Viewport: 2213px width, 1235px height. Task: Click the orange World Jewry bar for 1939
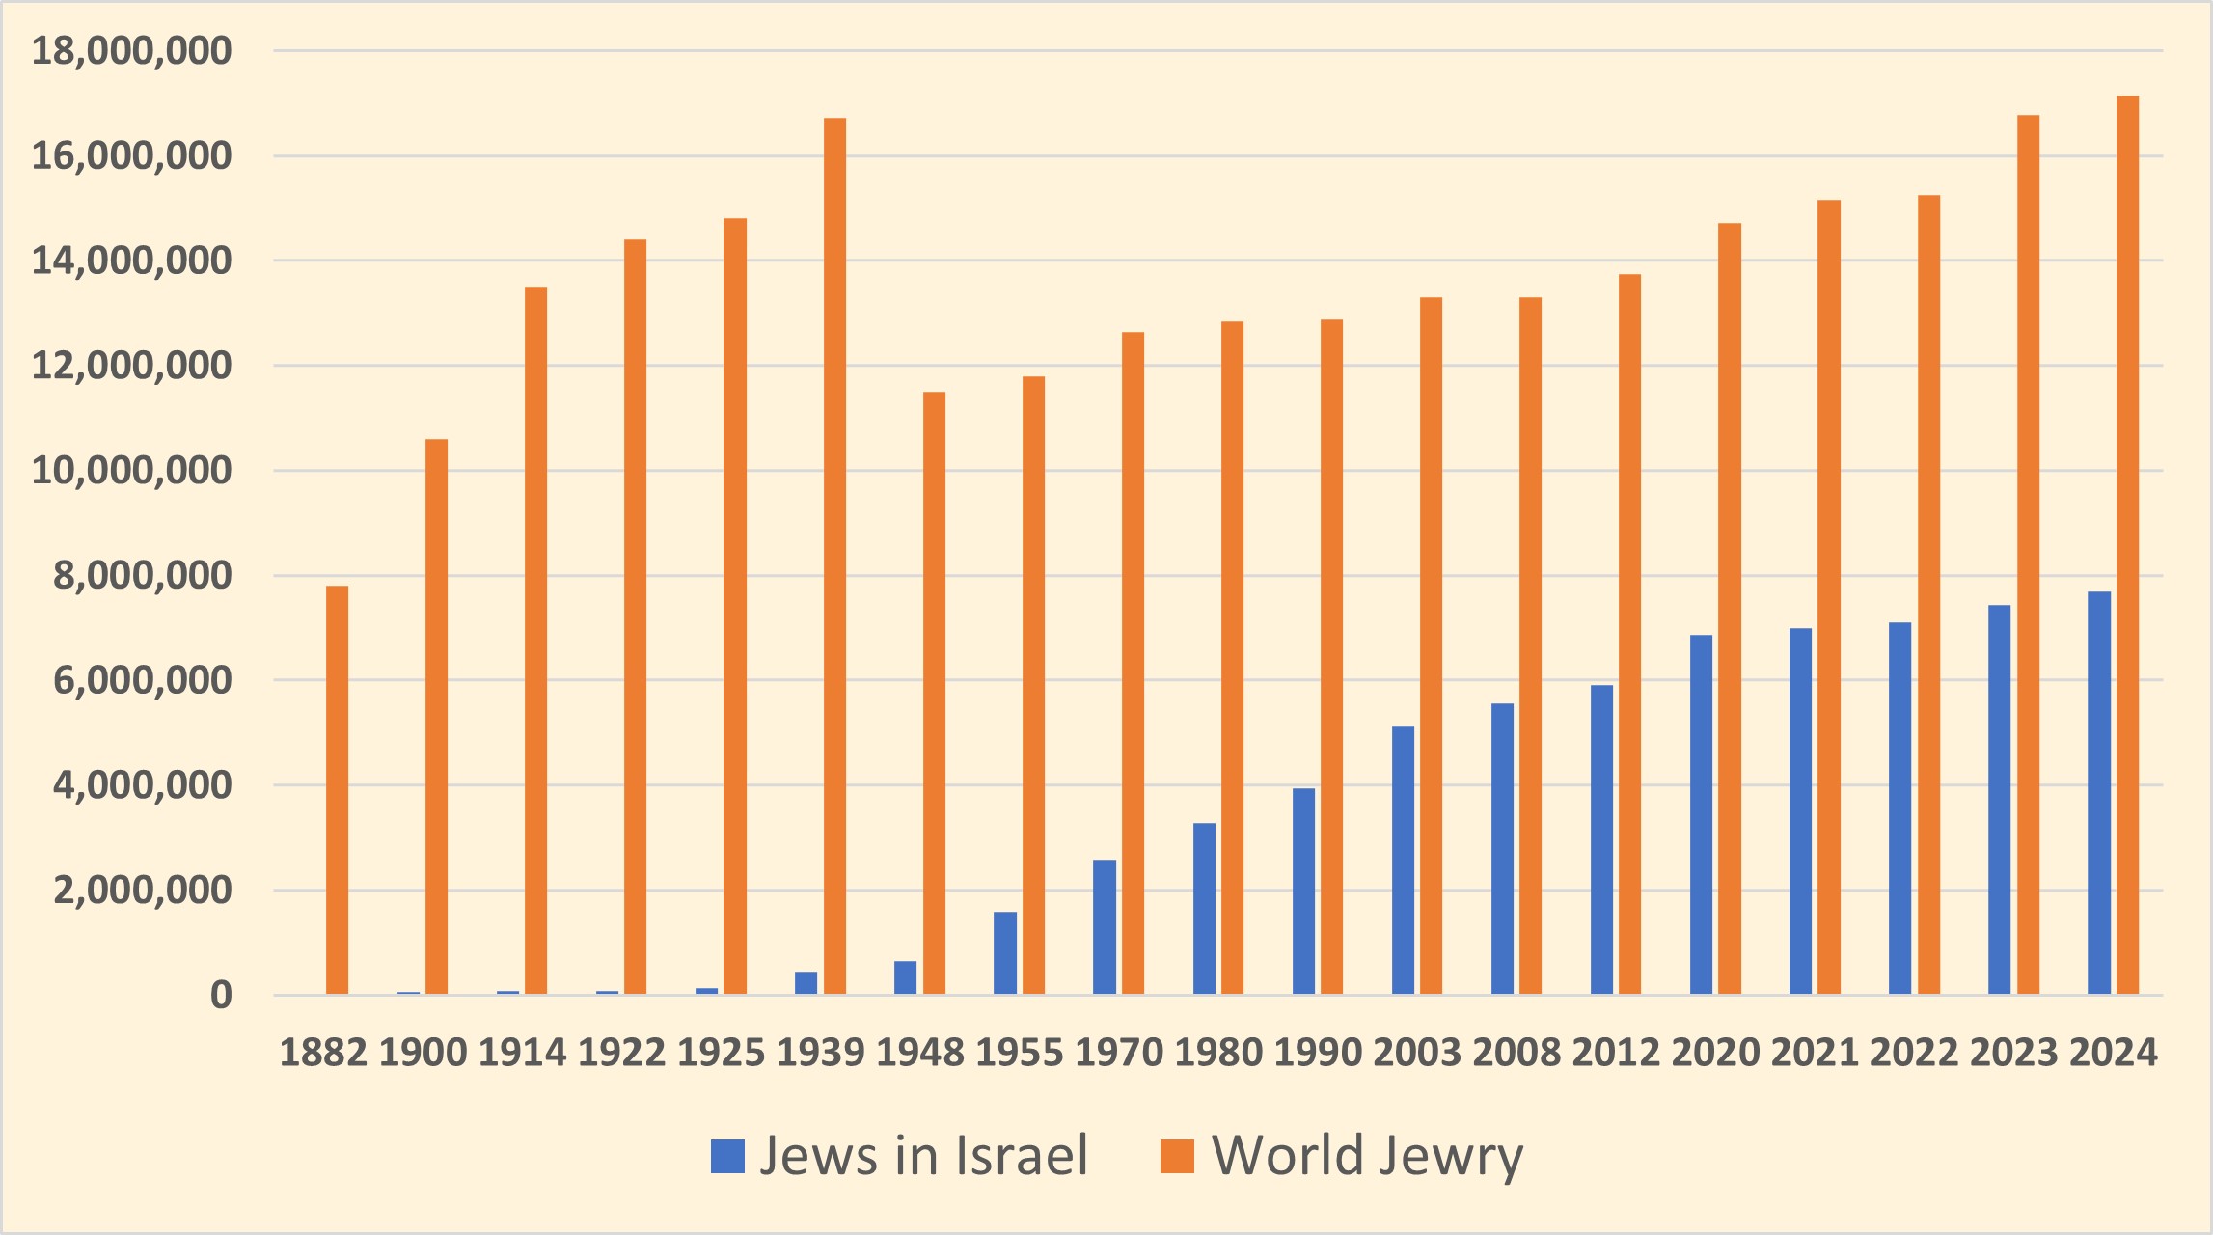click(834, 556)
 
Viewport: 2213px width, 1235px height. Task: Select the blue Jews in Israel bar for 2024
click(2099, 792)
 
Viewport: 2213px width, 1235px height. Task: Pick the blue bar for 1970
click(1105, 926)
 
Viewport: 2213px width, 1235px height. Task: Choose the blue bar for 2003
click(1403, 860)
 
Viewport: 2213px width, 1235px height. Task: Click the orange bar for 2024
click(2127, 545)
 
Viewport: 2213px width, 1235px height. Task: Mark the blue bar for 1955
click(1005, 952)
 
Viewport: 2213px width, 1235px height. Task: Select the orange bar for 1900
click(436, 717)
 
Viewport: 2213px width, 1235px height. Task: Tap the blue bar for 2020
click(1701, 814)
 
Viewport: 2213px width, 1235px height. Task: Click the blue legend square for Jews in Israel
click(727, 1156)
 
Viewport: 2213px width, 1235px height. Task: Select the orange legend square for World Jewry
click(1177, 1156)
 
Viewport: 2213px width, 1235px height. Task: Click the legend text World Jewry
click(1367, 1156)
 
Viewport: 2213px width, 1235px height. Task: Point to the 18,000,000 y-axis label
click(132, 50)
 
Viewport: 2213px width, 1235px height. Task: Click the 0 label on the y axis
click(221, 995)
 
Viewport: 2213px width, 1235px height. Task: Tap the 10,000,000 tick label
click(132, 471)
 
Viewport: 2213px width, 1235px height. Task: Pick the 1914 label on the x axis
click(522, 1052)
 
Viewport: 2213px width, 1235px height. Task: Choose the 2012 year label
click(1616, 1052)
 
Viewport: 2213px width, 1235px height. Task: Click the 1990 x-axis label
click(1318, 1052)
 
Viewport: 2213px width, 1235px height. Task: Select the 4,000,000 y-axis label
click(143, 785)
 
